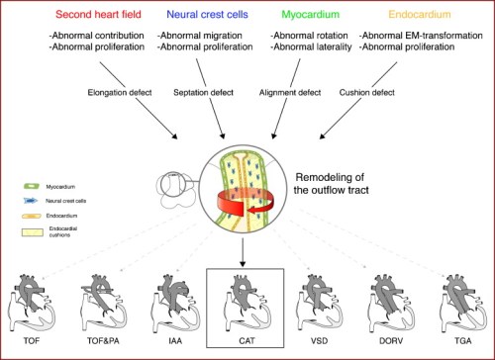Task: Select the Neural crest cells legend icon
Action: (x=35, y=199)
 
